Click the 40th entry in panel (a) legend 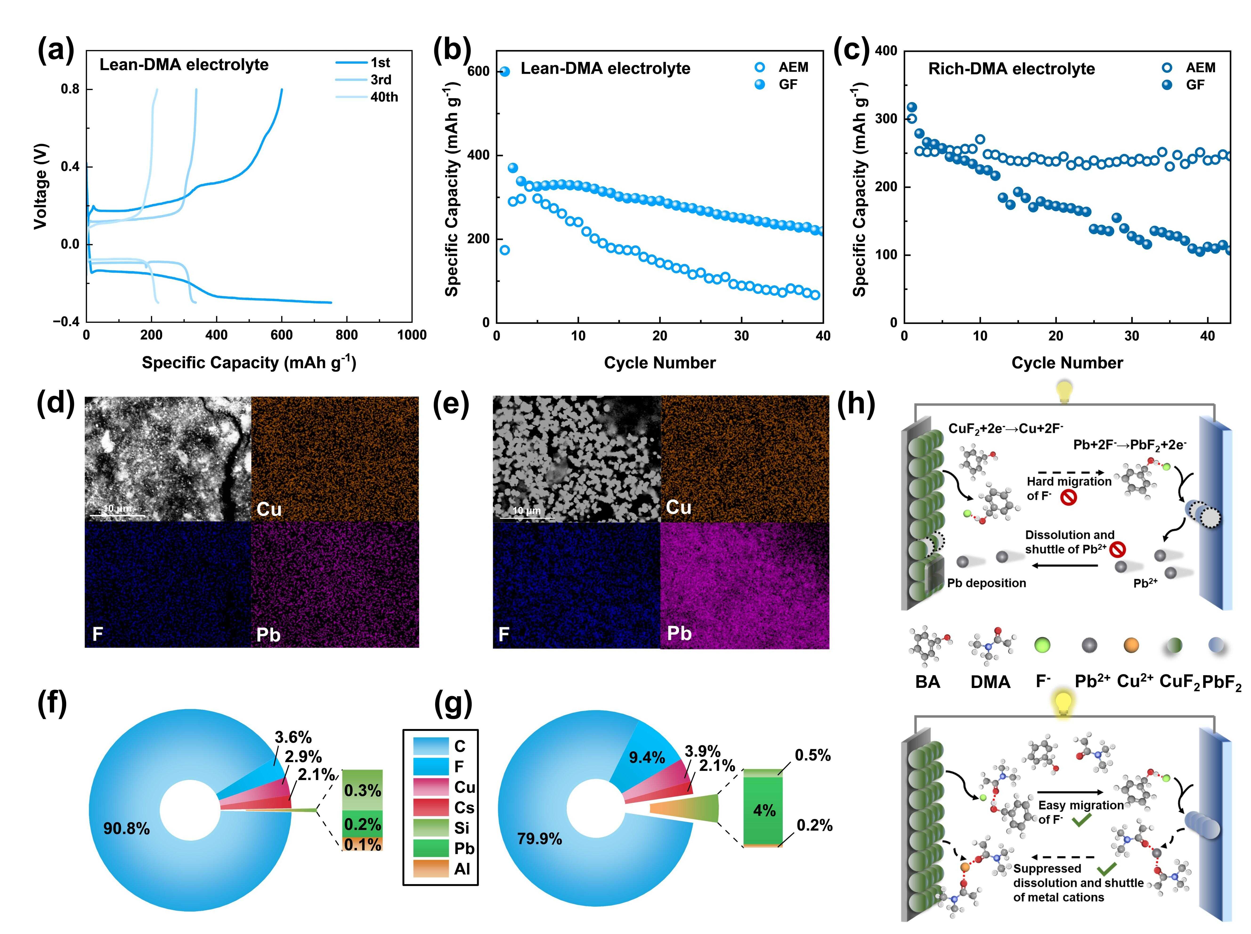(x=384, y=97)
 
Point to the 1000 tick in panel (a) (x=411, y=335)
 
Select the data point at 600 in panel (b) (x=505, y=71)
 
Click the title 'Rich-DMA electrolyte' (x=1011, y=69)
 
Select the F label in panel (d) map (x=98, y=634)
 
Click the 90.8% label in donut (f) (x=126, y=829)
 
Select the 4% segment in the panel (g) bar (x=763, y=811)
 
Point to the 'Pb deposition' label (x=986, y=583)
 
